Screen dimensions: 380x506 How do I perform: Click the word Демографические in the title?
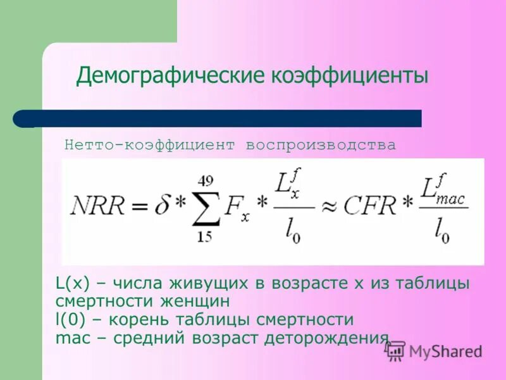(171, 76)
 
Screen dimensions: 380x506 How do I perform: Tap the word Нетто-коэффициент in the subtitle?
(151, 145)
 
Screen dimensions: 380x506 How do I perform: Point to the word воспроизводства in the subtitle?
(321, 145)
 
